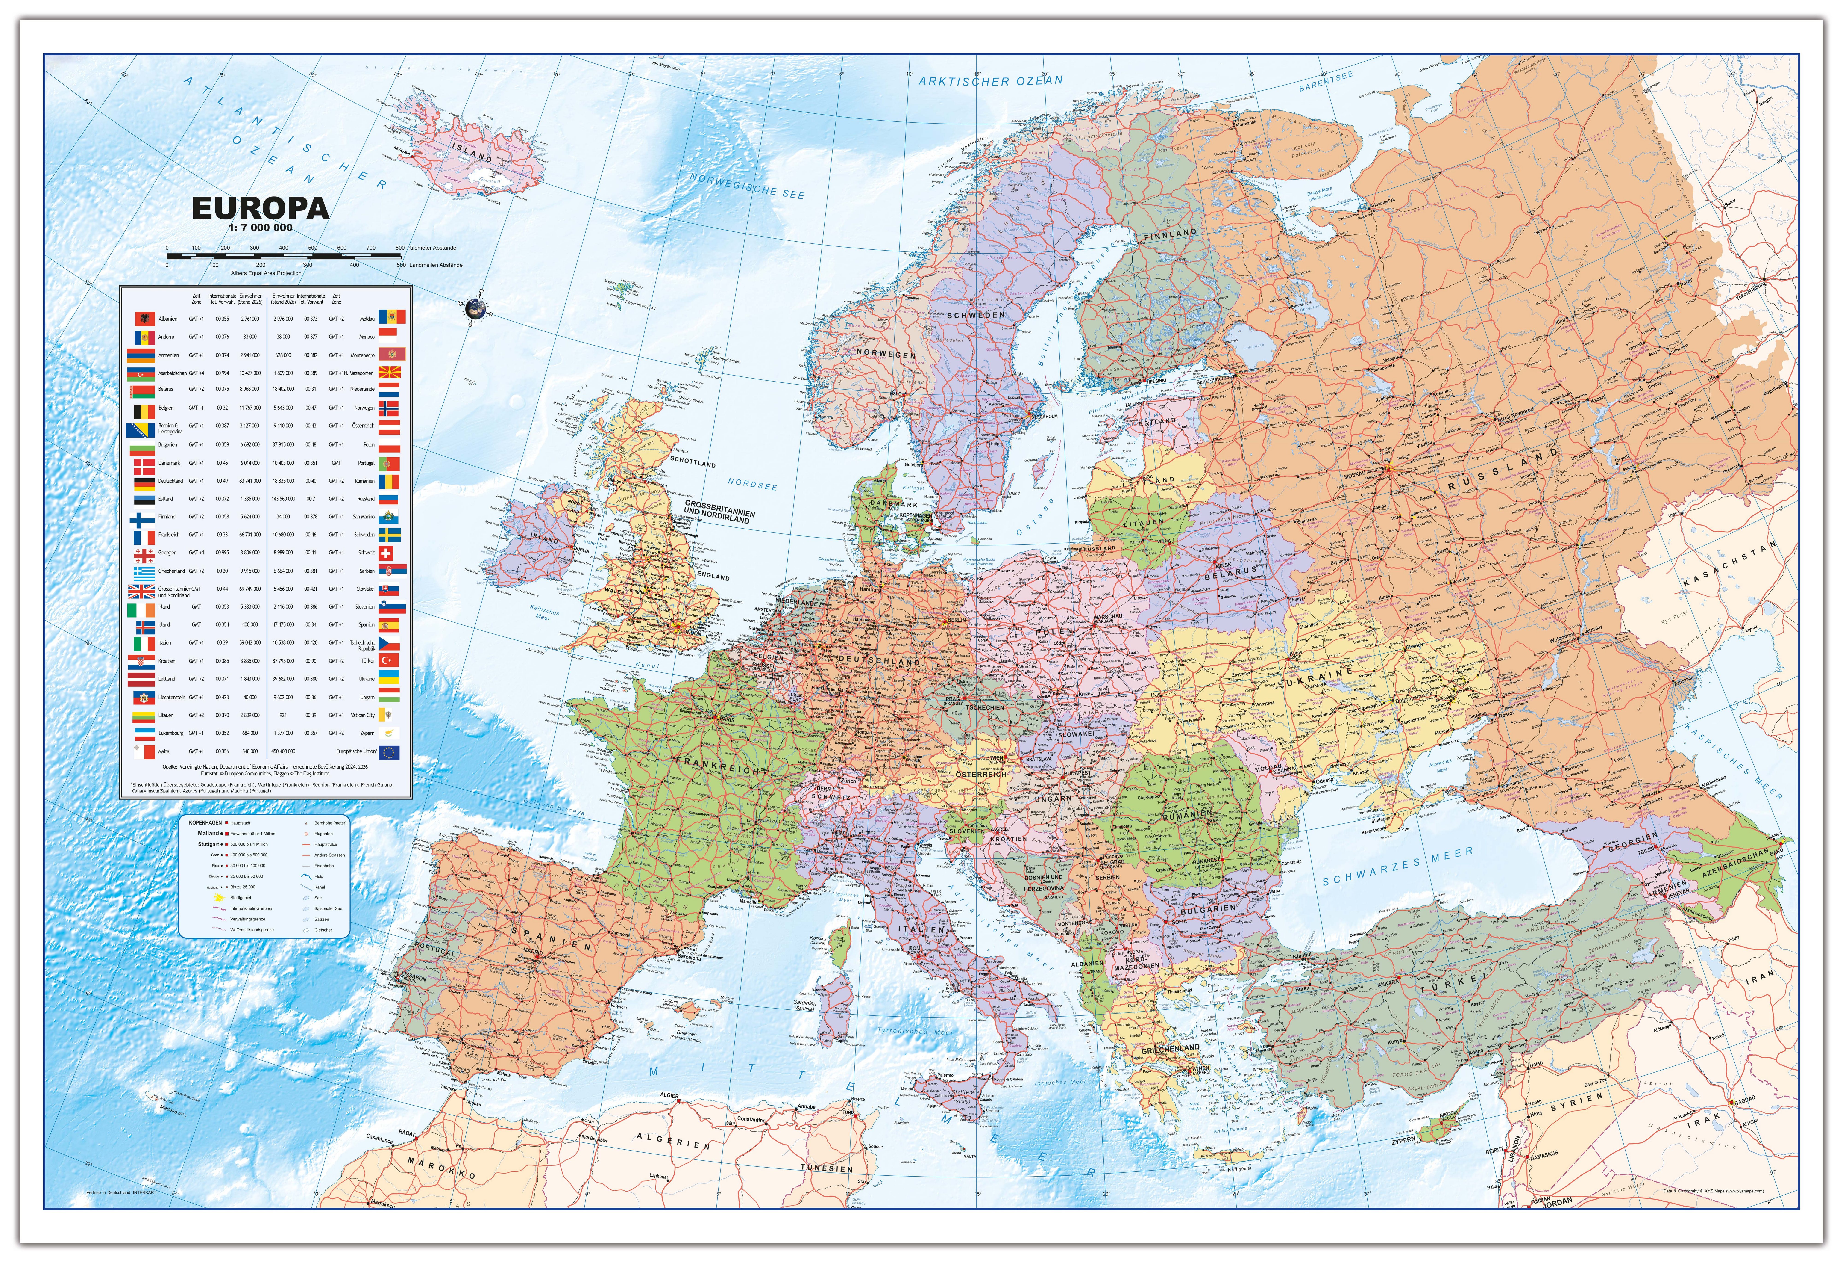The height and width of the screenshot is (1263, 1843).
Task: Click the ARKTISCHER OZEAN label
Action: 990,80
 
